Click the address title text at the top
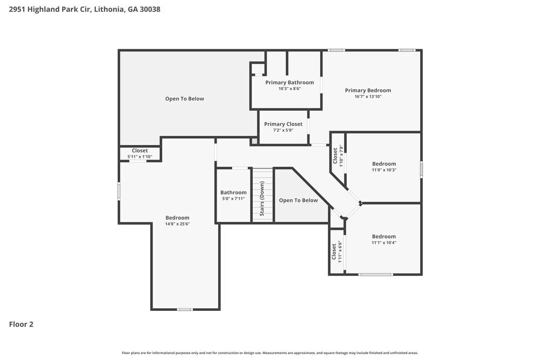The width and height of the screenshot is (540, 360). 84,9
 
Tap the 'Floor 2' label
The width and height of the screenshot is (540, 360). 21,324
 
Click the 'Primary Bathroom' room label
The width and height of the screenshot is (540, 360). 289,83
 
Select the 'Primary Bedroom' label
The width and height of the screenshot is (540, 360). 368,90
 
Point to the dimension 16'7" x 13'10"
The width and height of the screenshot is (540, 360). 368,97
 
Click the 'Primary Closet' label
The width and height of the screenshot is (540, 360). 283,124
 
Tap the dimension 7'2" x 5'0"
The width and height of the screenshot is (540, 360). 283,130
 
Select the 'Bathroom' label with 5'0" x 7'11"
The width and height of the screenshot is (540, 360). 233,193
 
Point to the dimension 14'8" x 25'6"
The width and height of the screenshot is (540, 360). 177,224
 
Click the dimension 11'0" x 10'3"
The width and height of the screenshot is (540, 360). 384,170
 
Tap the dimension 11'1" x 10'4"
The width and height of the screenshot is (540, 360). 384,243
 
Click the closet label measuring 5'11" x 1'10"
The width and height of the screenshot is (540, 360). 140,151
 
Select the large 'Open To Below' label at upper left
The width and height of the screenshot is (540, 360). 185,99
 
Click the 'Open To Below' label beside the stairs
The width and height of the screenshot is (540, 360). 298,200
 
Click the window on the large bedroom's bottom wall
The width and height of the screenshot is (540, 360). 185,309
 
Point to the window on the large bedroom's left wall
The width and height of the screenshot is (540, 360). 119,192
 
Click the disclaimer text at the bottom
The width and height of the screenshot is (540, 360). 270,352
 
